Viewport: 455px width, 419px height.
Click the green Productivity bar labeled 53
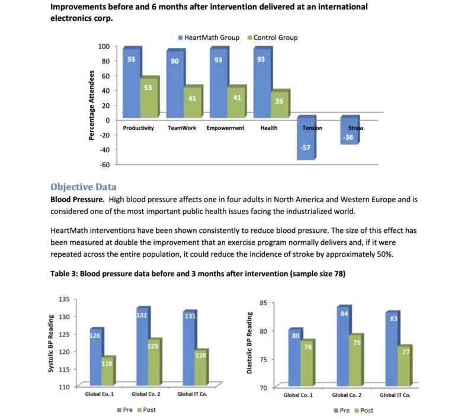[x=148, y=98]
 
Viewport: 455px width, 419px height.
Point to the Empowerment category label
[x=225, y=128]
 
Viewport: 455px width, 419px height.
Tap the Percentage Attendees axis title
[x=92, y=105]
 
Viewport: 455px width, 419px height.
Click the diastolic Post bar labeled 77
[x=406, y=366]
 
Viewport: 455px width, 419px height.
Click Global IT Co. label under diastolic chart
[x=395, y=395]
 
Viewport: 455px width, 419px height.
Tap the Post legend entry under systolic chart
[x=146, y=410]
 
